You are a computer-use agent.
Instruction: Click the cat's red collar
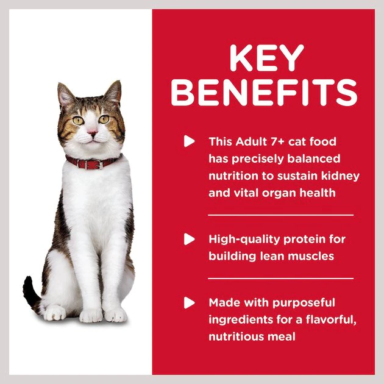[93, 163]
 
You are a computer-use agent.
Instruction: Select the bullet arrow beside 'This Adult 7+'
[189, 141]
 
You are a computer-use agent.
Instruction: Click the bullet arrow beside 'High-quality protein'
[189, 240]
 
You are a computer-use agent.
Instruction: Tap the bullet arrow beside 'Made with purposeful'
[189, 302]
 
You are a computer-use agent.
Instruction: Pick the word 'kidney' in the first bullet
[341, 176]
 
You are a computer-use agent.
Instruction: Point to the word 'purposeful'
[305, 302]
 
